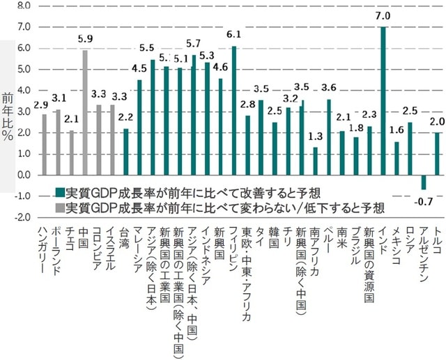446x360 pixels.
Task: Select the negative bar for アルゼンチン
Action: tap(423, 182)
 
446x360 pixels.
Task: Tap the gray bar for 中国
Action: tap(85, 112)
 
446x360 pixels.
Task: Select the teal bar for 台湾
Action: tap(126, 151)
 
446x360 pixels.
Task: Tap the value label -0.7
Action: tap(424, 202)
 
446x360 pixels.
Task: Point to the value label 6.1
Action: tap(234, 35)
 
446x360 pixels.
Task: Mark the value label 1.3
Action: tap(315, 136)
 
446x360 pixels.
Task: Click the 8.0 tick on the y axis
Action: tap(23, 6)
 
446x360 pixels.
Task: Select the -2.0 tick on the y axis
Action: tap(22, 217)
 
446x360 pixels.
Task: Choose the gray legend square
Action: tap(59, 208)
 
